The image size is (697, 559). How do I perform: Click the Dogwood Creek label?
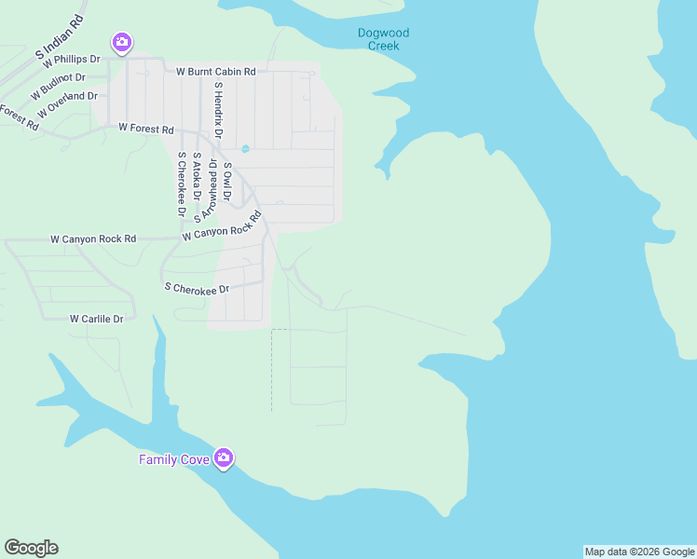383,39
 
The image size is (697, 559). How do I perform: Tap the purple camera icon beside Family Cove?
223,458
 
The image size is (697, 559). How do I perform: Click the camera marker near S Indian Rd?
121,42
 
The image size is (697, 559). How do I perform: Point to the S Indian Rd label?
60,37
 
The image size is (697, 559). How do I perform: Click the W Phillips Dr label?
70,60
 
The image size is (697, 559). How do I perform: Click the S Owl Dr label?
227,182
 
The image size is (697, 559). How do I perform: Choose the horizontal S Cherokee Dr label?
196,290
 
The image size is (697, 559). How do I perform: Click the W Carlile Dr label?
97,319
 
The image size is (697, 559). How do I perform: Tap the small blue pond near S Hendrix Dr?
245,149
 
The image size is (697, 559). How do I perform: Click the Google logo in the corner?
31,548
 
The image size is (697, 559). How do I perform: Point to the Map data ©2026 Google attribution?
639,552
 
